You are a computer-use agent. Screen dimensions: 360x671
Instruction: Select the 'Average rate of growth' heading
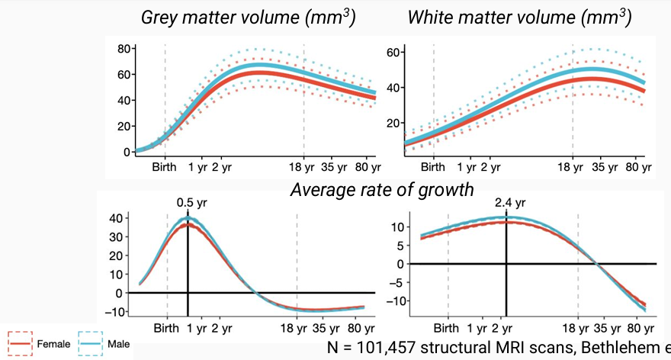[381, 188]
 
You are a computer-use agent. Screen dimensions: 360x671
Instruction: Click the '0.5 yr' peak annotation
[188, 203]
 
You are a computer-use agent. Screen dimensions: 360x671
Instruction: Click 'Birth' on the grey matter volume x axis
[165, 166]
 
